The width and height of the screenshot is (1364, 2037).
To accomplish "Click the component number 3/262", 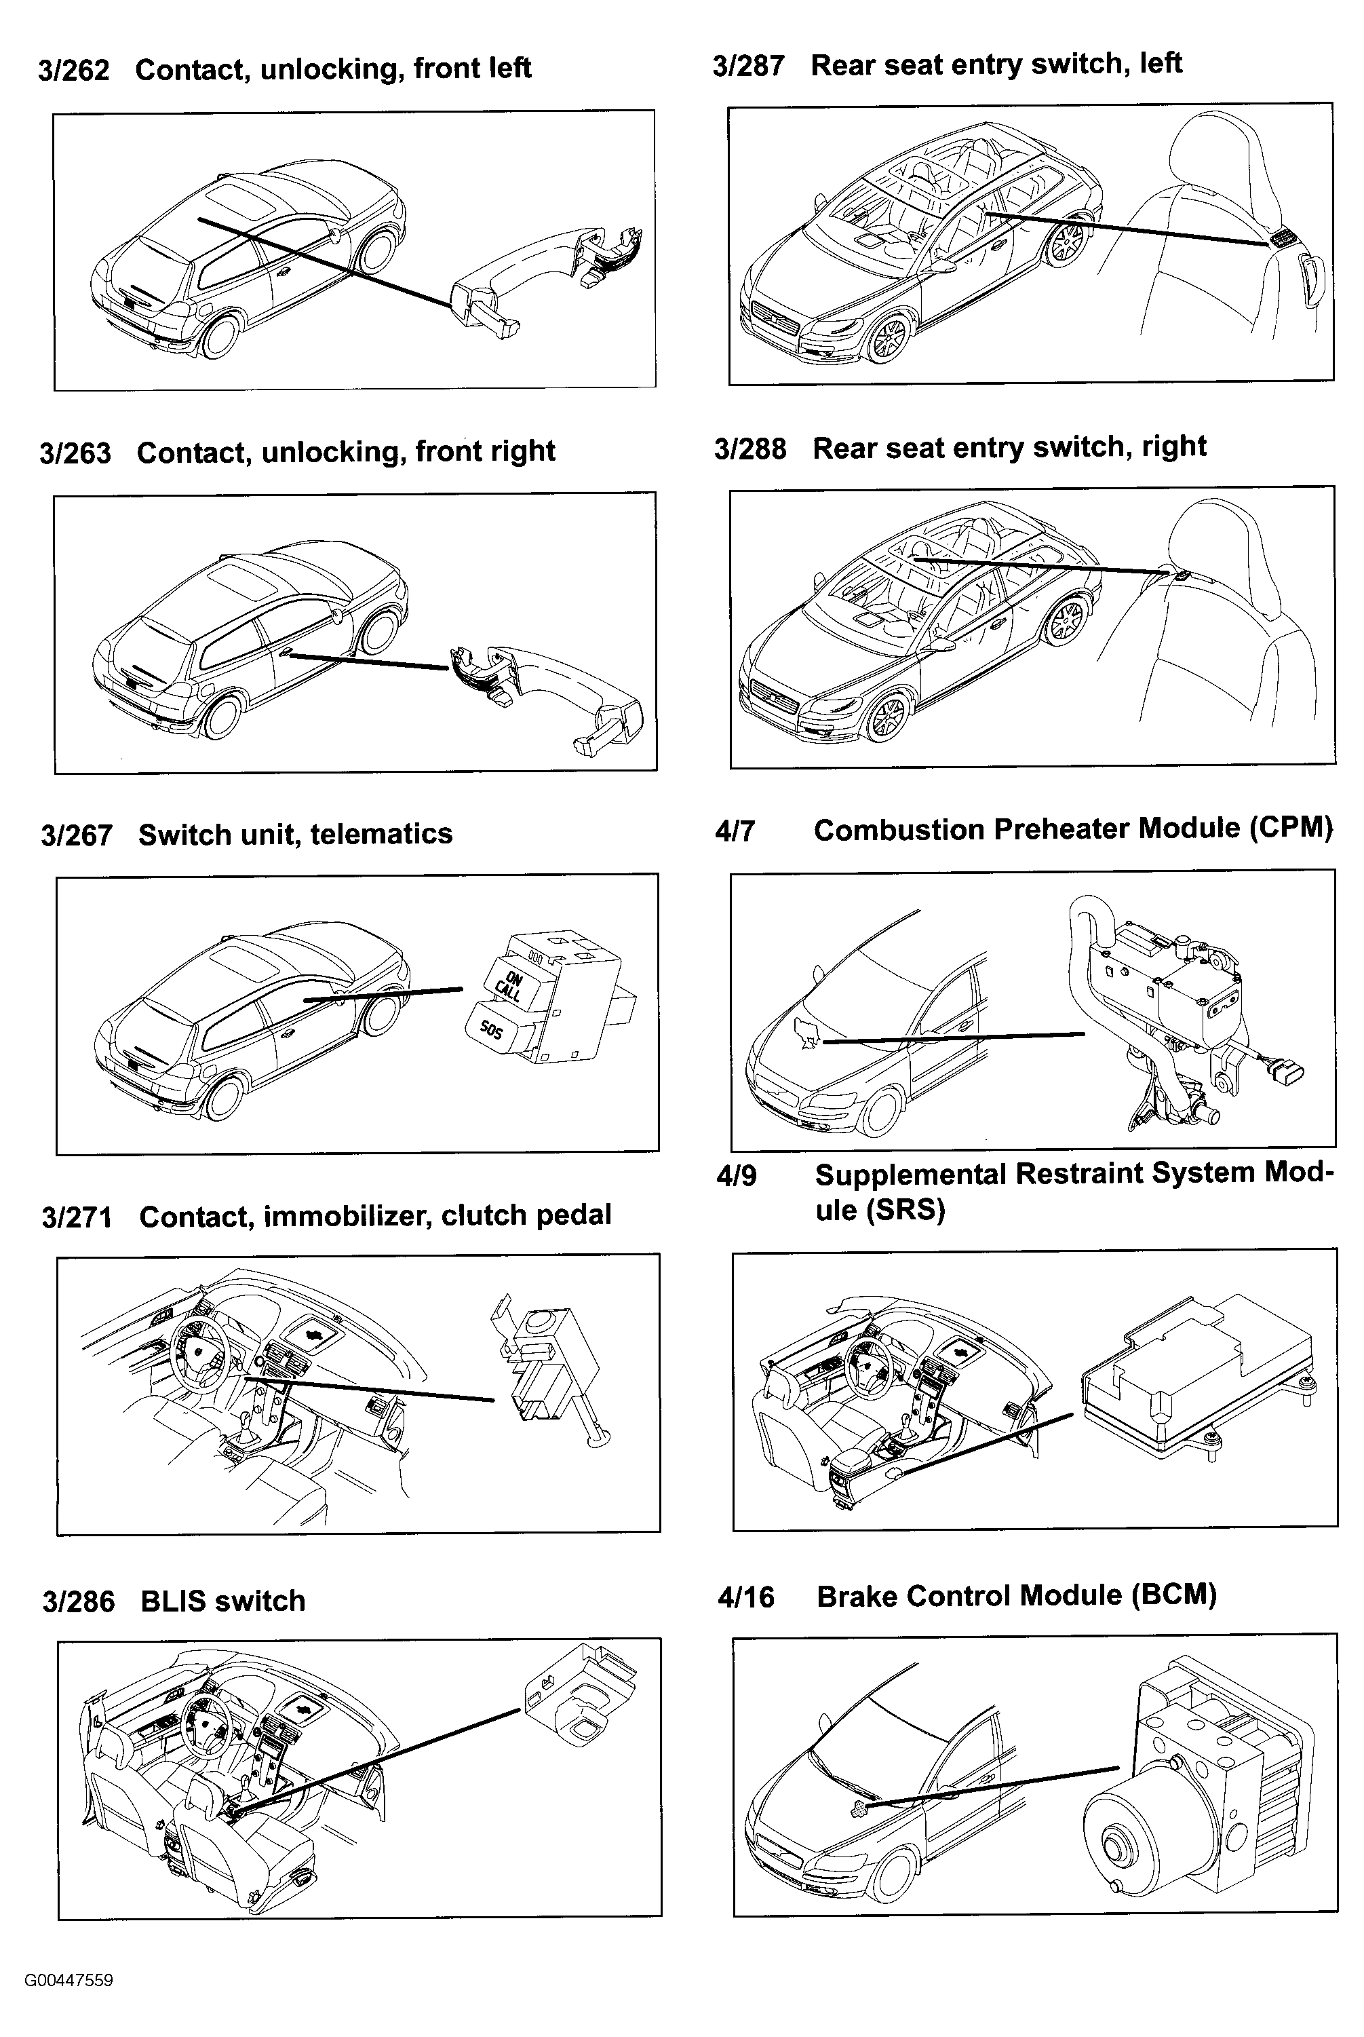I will pos(74,70).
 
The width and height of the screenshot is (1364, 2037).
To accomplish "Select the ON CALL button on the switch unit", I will pos(511,986).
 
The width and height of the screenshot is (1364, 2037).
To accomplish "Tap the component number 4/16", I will pos(745,1597).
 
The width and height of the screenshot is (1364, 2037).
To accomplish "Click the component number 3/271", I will pos(77,1217).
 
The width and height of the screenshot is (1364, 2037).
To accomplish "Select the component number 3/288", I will pos(750,449).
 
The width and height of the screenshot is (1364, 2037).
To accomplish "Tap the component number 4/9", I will pos(736,1175).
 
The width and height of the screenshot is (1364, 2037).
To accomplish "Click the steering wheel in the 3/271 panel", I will pos(200,1352).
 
